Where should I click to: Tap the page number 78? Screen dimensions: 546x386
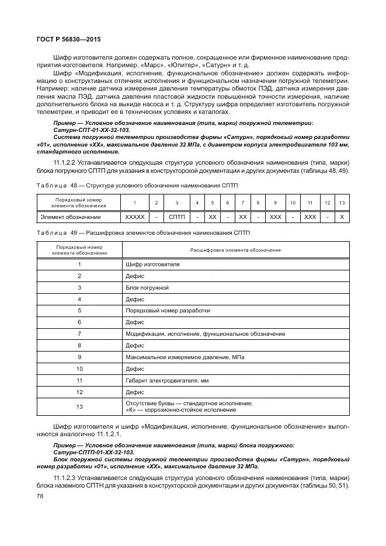[40, 495]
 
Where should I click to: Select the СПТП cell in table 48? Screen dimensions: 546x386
[176, 217]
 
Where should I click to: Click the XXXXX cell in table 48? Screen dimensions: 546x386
[134, 217]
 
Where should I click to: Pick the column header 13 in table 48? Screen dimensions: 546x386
[342, 203]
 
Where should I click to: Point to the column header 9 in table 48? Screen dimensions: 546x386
[275, 203]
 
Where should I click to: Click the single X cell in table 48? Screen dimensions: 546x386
[342, 217]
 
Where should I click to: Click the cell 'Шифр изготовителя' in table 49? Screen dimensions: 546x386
[153, 264]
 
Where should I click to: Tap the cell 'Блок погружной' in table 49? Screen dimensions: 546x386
[147, 288]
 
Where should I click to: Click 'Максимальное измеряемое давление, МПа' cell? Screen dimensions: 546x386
[185, 357]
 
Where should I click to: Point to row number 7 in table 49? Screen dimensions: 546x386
[79, 334]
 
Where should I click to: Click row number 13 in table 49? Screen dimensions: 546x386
[79, 407]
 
